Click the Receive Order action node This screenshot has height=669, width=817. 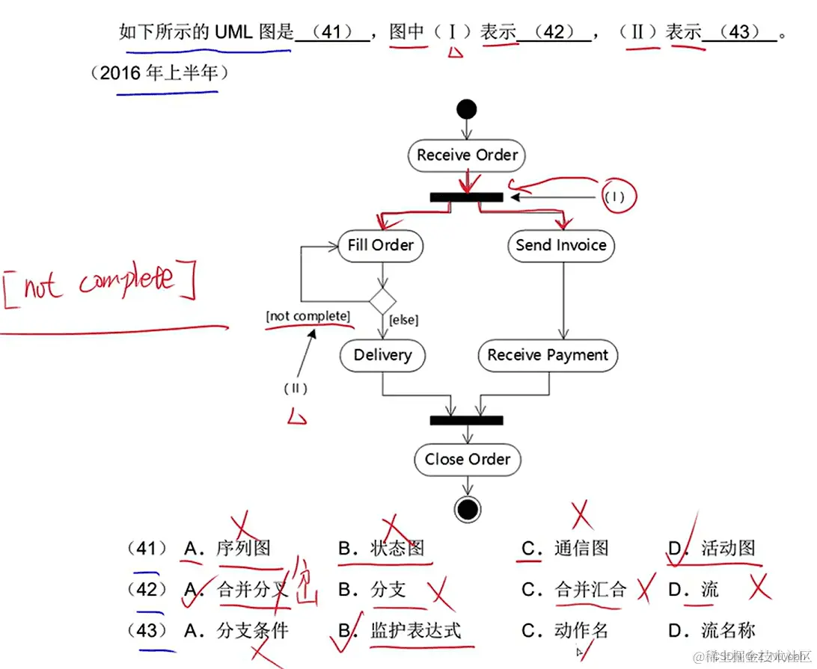point(467,155)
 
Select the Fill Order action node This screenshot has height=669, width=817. point(380,245)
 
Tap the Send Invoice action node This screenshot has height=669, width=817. point(560,245)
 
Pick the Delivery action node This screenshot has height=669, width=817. point(382,355)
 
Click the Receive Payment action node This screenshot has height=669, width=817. point(548,355)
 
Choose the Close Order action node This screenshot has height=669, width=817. point(467,459)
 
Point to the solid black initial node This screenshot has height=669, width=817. point(466,109)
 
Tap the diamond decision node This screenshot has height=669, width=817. point(382,300)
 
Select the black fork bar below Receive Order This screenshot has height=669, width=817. point(466,197)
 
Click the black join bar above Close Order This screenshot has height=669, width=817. point(466,421)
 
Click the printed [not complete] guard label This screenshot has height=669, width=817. point(307,316)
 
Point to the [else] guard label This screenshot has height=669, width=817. point(404,321)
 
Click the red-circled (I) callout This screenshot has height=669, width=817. point(614,197)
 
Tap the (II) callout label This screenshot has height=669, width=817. point(296,389)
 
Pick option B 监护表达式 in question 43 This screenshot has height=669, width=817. point(415,630)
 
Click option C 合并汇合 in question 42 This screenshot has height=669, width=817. point(590,590)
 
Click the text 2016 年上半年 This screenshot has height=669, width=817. point(159,73)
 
